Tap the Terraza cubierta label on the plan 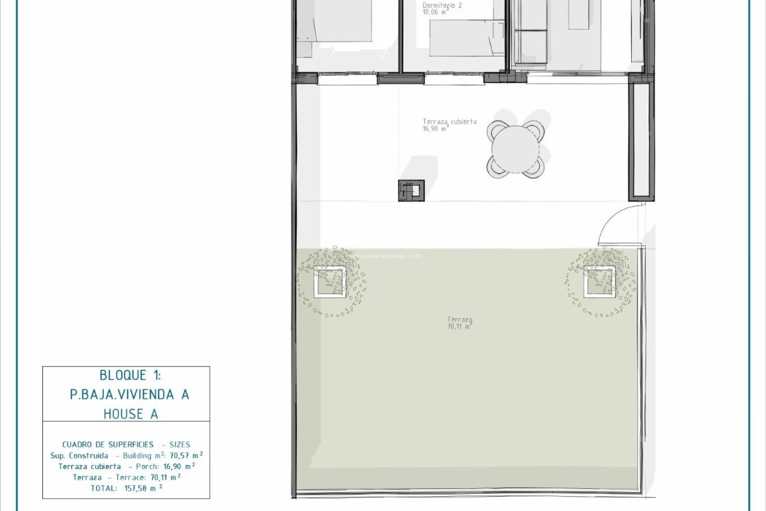point(450,122)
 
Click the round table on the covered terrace point(515,149)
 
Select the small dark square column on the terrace point(411,190)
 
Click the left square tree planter point(330,282)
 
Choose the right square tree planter point(599,282)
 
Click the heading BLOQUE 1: point(130,375)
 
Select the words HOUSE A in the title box point(131,414)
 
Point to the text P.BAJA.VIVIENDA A point(129,395)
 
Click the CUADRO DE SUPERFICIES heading point(108,444)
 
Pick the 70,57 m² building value point(186,455)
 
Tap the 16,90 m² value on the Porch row point(179,466)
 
